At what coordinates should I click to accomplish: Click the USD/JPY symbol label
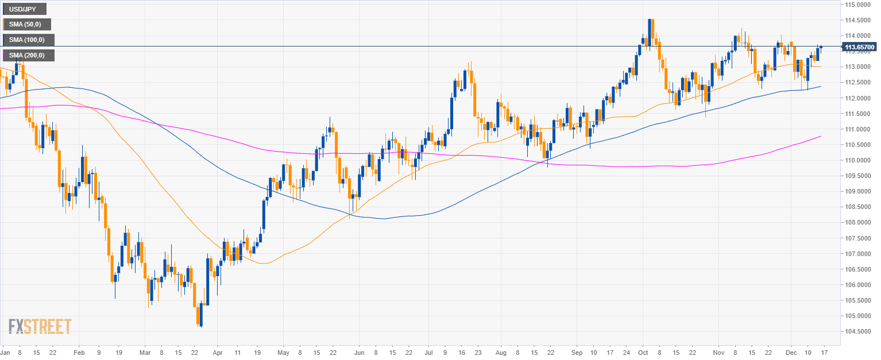click(x=24, y=9)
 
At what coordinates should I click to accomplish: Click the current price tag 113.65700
click(x=859, y=47)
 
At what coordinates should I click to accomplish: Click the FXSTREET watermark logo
click(x=40, y=326)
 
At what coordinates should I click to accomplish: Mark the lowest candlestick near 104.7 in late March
click(x=199, y=315)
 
